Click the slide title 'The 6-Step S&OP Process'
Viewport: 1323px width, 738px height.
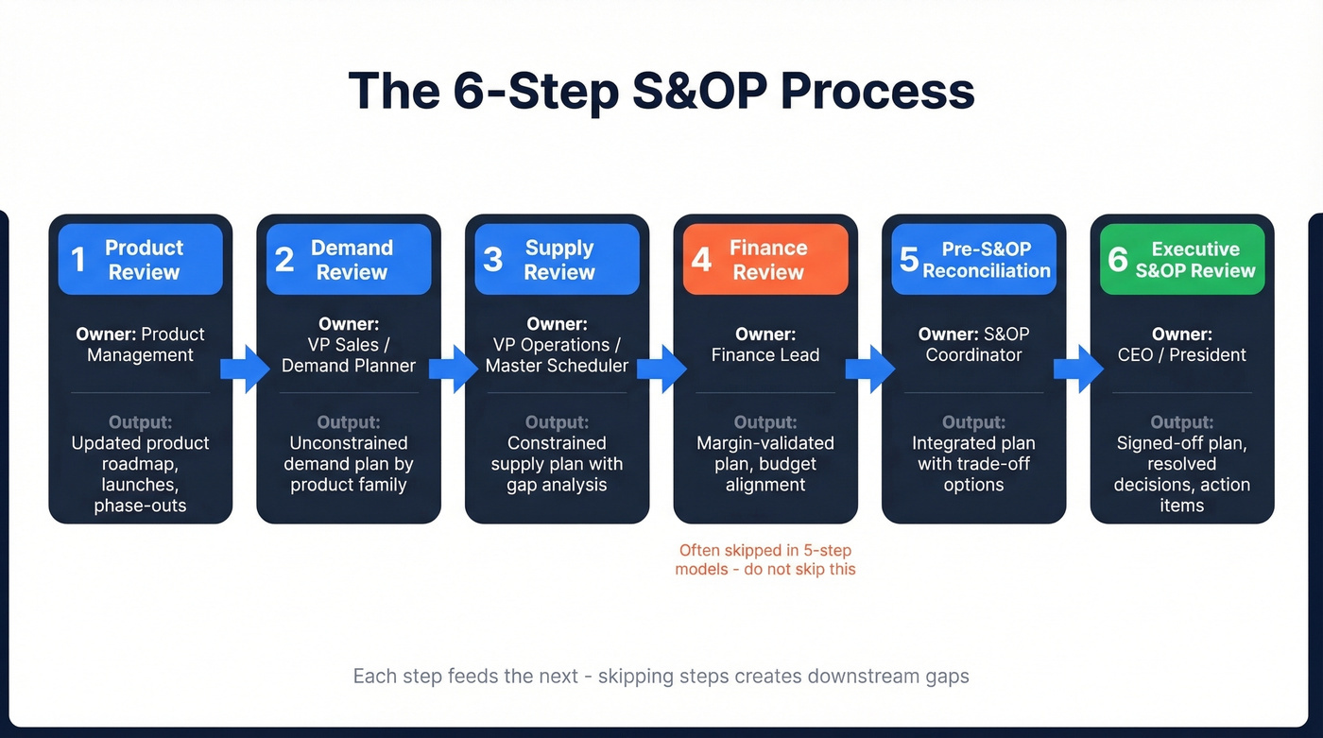[661, 91]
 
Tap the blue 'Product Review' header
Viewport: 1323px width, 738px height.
[141, 260]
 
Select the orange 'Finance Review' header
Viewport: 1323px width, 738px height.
[765, 260]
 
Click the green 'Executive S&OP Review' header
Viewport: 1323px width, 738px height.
[1181, 260]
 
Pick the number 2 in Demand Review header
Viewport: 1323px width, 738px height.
[284, 260]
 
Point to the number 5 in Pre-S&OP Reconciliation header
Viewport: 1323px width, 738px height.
[909, 260]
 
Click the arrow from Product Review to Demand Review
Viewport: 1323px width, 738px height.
[244, 369]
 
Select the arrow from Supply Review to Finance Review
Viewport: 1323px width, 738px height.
[661, 369]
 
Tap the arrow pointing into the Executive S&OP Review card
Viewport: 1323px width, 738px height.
[1077, 369]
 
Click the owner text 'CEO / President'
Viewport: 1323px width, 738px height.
[1181, 355]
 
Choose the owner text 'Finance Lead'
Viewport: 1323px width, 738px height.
[765, 355]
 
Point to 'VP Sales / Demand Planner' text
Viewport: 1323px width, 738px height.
[349, 355]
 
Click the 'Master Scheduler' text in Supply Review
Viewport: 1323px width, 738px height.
[557, 366]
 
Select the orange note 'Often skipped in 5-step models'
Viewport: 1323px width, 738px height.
[765, 559]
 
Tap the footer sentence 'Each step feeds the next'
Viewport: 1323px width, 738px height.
[661, 676]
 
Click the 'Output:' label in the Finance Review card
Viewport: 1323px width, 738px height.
[765, 422]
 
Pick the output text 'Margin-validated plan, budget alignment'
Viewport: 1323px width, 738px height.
[765, 464]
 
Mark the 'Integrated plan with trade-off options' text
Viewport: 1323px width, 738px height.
[973, 464]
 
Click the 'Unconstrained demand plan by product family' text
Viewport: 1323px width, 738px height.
[349, 464]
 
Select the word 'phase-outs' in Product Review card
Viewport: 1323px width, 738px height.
[141, 506]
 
